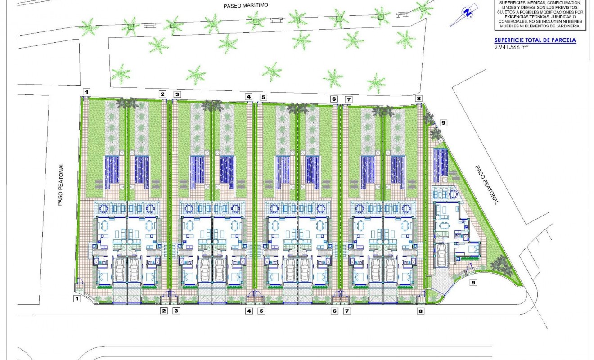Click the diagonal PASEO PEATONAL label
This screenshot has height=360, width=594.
coord(487,184)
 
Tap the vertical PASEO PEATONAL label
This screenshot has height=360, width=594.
coord(61,184)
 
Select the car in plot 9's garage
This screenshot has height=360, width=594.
coord(442,256)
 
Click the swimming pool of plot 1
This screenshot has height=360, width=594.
coord(112,172)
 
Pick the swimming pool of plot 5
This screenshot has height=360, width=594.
coord(282,172)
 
